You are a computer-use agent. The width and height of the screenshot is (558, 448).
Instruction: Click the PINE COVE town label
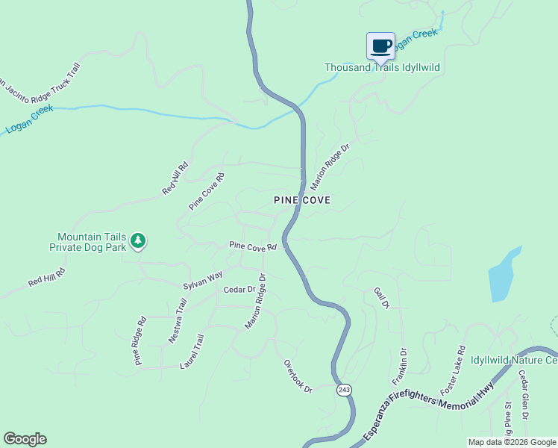tap(301, 200)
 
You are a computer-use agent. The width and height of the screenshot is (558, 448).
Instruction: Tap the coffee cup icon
tap(380, 46)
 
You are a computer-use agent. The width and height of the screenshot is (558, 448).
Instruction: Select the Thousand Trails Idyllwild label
tap(382, 67)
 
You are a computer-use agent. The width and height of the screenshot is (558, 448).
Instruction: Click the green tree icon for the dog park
tap(137, 240)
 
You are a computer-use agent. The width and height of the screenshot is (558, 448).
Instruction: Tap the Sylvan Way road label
tap(203, 281)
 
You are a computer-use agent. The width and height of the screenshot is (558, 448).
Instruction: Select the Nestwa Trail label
tap(177, 320)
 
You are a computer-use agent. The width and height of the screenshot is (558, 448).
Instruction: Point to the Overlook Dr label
tap(297, 376)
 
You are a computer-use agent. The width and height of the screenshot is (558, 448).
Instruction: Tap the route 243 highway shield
tap(343, 390)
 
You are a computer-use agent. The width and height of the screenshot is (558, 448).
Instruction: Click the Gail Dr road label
tap(381, 298)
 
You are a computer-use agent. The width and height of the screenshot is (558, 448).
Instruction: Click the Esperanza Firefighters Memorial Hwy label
tap(430, 409)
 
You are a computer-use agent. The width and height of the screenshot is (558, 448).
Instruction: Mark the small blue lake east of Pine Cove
tap(502, 276)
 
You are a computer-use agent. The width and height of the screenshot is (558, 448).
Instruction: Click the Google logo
tap(25, 439)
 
